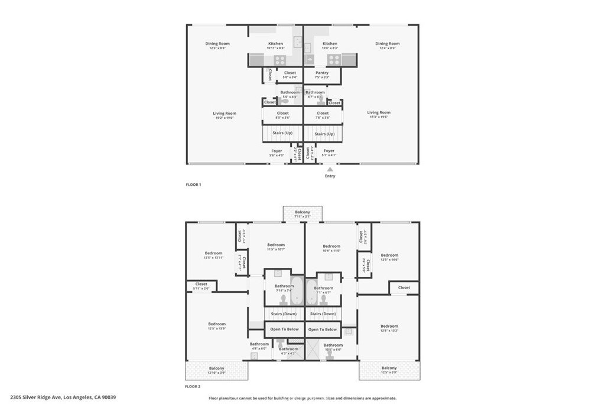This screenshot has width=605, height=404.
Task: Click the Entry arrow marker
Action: pyautogui.click(x=330, y=169)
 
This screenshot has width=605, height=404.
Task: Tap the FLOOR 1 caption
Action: pyautogui.click(x=193, y=185)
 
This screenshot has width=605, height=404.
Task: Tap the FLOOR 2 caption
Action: pyautogui.click(x=193, y=387)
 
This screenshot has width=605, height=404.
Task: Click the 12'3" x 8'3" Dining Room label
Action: pyautogui.click(x=217, y=46)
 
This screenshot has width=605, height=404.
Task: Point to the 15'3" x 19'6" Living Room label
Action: pyautogui.click(x=379, y=115)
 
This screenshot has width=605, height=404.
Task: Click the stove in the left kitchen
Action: pyautogui.click(x=279, y=60)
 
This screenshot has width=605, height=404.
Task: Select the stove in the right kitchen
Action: pyautogui.click(x=334, y=60)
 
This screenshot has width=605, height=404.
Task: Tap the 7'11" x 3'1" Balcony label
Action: pyautogui.click(x=302, y=214)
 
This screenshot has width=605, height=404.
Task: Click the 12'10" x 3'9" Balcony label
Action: pyautogui.click(x=216, y=370)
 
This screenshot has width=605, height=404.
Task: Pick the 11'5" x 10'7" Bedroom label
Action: pyautogui.click(x=276, y=247)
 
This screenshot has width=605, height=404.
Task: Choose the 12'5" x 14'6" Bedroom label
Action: pyautogui.click(x=389, y=257)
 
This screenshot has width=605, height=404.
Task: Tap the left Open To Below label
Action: pyautogui.click(x=284, y=329)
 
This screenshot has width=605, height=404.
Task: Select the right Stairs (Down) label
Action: pyautogui.click(x=323, y=314)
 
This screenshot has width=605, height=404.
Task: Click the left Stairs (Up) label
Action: pyautogui.click(x=282, y=134)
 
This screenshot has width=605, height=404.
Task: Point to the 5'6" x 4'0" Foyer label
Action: pyautogui.click(x=277, y=153)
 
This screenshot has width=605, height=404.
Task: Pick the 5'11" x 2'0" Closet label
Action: pyautogui.click(x=201, y=286)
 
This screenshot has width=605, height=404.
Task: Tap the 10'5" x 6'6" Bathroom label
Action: pyautogui.click(x=333, y=347)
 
